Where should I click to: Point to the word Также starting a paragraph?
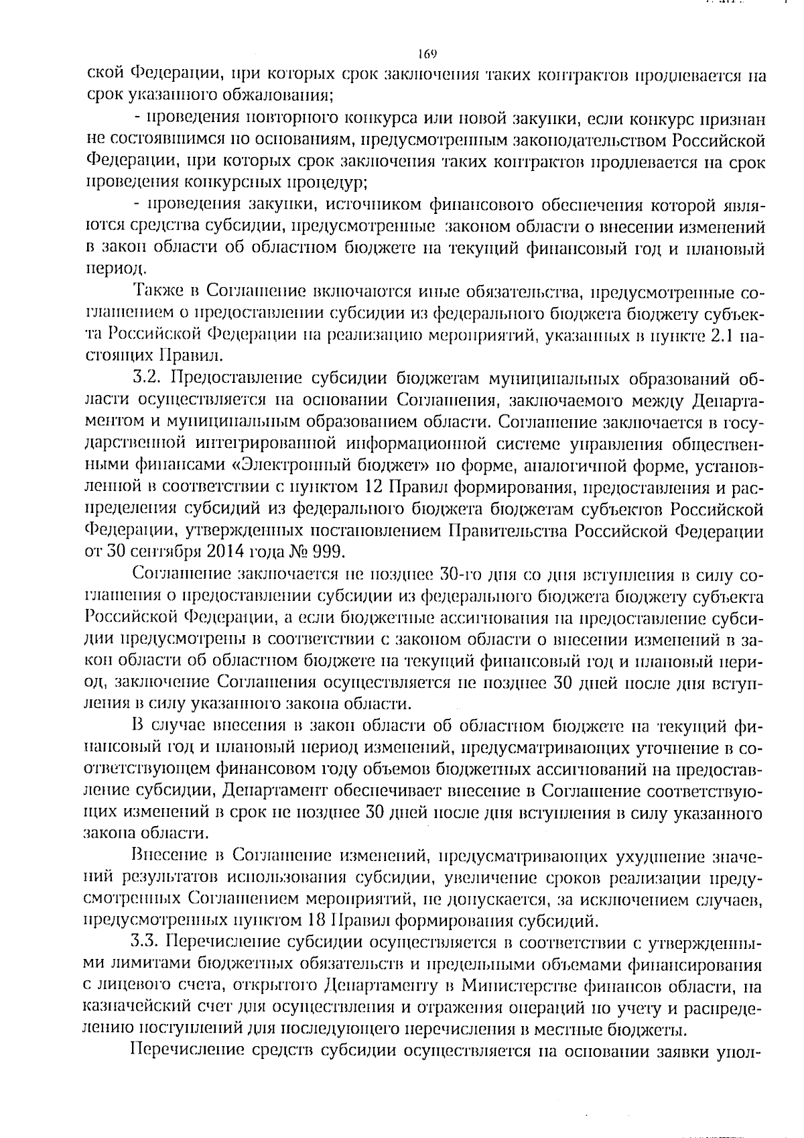click(155, 293)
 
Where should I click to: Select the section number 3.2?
click(149, 378)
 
